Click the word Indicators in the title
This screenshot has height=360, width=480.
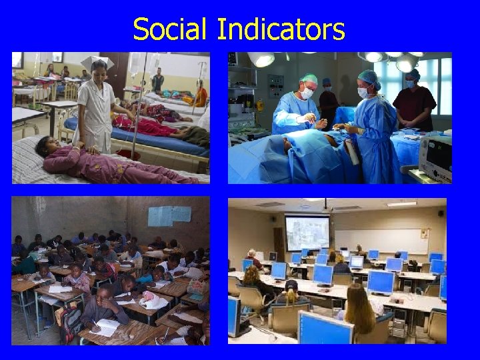click(x=281, y=29)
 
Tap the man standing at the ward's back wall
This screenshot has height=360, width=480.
click(x=157, y=80)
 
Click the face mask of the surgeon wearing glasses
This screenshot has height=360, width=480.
click(x=306, y=95)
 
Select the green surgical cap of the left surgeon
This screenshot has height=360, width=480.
click(x=308, y=79)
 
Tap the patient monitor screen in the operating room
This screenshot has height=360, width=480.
click(x=437, y=160)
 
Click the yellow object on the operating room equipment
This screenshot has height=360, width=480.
click(x=259, y=105)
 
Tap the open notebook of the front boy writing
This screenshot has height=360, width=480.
click(x=106, y=326)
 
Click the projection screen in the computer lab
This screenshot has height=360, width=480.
click(x=306, y=233)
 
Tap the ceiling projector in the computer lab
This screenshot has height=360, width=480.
click(x=325, y=207)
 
